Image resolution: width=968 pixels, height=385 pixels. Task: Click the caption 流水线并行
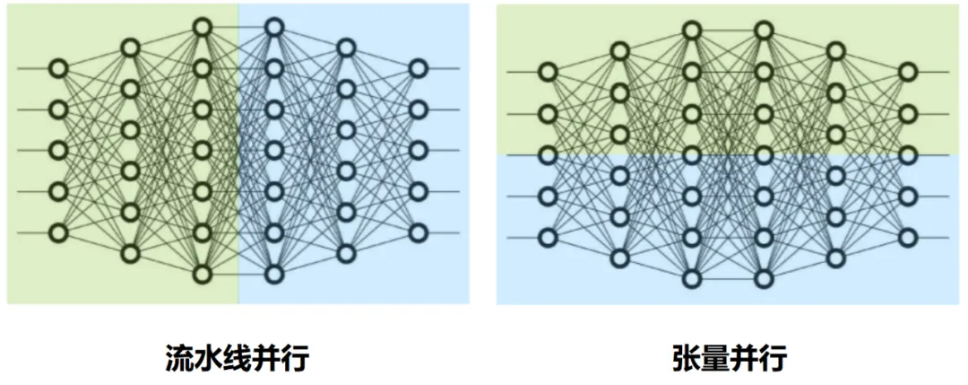tap(238, 357)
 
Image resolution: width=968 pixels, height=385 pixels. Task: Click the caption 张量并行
tap(729, 357)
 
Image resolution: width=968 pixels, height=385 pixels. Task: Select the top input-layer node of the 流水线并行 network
tap(58, 68)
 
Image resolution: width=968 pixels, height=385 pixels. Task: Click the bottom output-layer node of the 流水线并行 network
tap(418, 232)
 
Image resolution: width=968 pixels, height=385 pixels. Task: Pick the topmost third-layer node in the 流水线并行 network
tap(202, 28)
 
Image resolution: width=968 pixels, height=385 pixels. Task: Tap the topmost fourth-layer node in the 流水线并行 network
tap(274, 28)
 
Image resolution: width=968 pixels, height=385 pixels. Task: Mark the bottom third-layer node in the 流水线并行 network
tap(202, 274)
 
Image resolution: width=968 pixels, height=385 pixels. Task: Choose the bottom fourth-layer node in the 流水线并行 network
tap(274, 274)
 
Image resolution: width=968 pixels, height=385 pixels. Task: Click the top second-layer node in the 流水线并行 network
tap(130, 48)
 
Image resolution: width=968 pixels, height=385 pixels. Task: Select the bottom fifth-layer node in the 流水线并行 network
tap(346, 253)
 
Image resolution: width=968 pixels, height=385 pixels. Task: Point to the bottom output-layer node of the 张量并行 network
tap(908, 237)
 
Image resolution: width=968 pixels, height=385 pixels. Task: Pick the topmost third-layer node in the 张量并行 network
tap(691, 31)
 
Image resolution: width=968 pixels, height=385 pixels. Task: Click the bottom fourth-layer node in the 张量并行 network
tap(764, 278)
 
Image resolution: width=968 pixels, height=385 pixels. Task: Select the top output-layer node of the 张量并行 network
tap(908, 72)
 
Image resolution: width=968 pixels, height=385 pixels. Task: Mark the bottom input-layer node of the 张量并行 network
tap(548, 237)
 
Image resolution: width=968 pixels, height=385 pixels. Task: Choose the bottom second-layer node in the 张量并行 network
tap(619, 258)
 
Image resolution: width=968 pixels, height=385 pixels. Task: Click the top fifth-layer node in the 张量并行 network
tap(835, 51)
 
